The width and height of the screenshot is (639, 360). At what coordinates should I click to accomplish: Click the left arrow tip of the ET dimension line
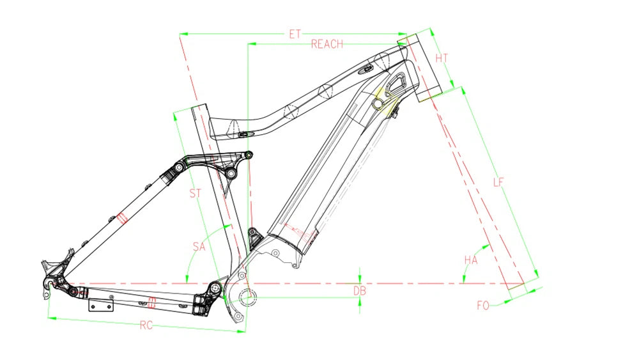click(x=180, y=35)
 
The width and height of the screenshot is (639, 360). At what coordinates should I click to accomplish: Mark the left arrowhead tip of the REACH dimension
click(x=248, y=43)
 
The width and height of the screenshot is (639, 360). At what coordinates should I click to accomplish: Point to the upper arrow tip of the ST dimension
click(x=174, y=113)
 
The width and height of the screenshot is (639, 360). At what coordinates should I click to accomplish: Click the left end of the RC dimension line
click(x=48, y=317)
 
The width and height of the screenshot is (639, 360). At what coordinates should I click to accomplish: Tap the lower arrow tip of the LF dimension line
click(x=538, y=278)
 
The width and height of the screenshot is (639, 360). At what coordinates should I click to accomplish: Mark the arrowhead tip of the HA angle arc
click(x=490, y=245)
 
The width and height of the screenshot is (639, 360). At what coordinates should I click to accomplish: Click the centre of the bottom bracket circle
click(x=246, y=297)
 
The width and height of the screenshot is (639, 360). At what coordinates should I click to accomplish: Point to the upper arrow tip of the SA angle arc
click(x=231, y=226)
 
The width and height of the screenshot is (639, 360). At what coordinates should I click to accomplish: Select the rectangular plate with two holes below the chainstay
click(x=101, y=305)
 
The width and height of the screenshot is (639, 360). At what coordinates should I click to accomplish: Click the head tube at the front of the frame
click(x=419, y=68)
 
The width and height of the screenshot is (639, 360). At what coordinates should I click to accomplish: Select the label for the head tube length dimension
click(x=442, y=58)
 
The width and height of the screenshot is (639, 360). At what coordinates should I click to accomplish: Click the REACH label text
click(x=327, y=44)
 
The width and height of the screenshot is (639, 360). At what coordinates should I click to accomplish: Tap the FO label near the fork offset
click(x=483, y=306)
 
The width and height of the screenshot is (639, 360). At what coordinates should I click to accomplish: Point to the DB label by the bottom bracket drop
click(x=359, y=291)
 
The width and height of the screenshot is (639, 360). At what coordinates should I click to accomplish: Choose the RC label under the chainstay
click(x=146, y=325)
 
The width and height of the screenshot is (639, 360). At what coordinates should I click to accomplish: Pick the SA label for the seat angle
click(x=199, y=247)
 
